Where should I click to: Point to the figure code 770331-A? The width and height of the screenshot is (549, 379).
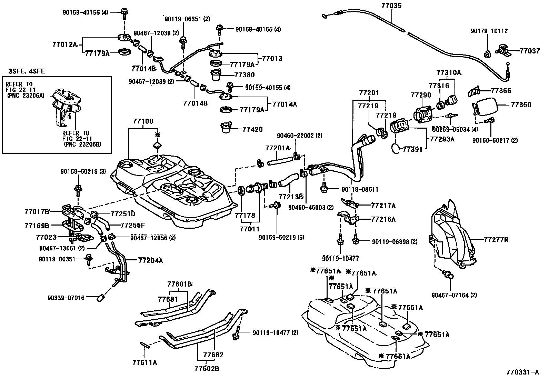click(522, 372)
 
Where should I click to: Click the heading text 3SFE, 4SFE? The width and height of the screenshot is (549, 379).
click(26, 71)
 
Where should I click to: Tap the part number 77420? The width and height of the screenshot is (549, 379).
click(252, 129)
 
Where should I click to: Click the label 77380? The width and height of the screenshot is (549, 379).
click(244, 74)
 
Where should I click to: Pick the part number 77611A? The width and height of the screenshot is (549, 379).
click(144, 362)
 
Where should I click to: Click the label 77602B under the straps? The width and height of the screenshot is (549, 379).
click(207, 369)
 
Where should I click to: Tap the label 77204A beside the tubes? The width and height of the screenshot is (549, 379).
click(150, 261)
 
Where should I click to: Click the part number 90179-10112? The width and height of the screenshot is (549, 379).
click(489, 31)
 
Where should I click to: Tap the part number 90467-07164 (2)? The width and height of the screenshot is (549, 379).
click(454, 295)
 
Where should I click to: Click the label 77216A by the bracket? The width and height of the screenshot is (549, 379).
click(383, 219)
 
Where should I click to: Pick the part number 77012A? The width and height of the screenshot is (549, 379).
click(64, 44)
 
